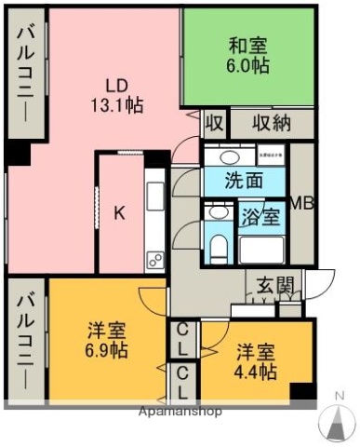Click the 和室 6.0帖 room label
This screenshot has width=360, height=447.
248,53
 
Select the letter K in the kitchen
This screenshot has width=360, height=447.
119,212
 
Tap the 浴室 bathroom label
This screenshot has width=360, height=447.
260,217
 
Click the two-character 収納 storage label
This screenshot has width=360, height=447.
271,123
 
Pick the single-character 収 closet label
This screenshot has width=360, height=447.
214,123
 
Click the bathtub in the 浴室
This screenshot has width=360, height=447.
263,250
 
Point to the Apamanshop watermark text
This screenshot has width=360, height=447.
180,411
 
